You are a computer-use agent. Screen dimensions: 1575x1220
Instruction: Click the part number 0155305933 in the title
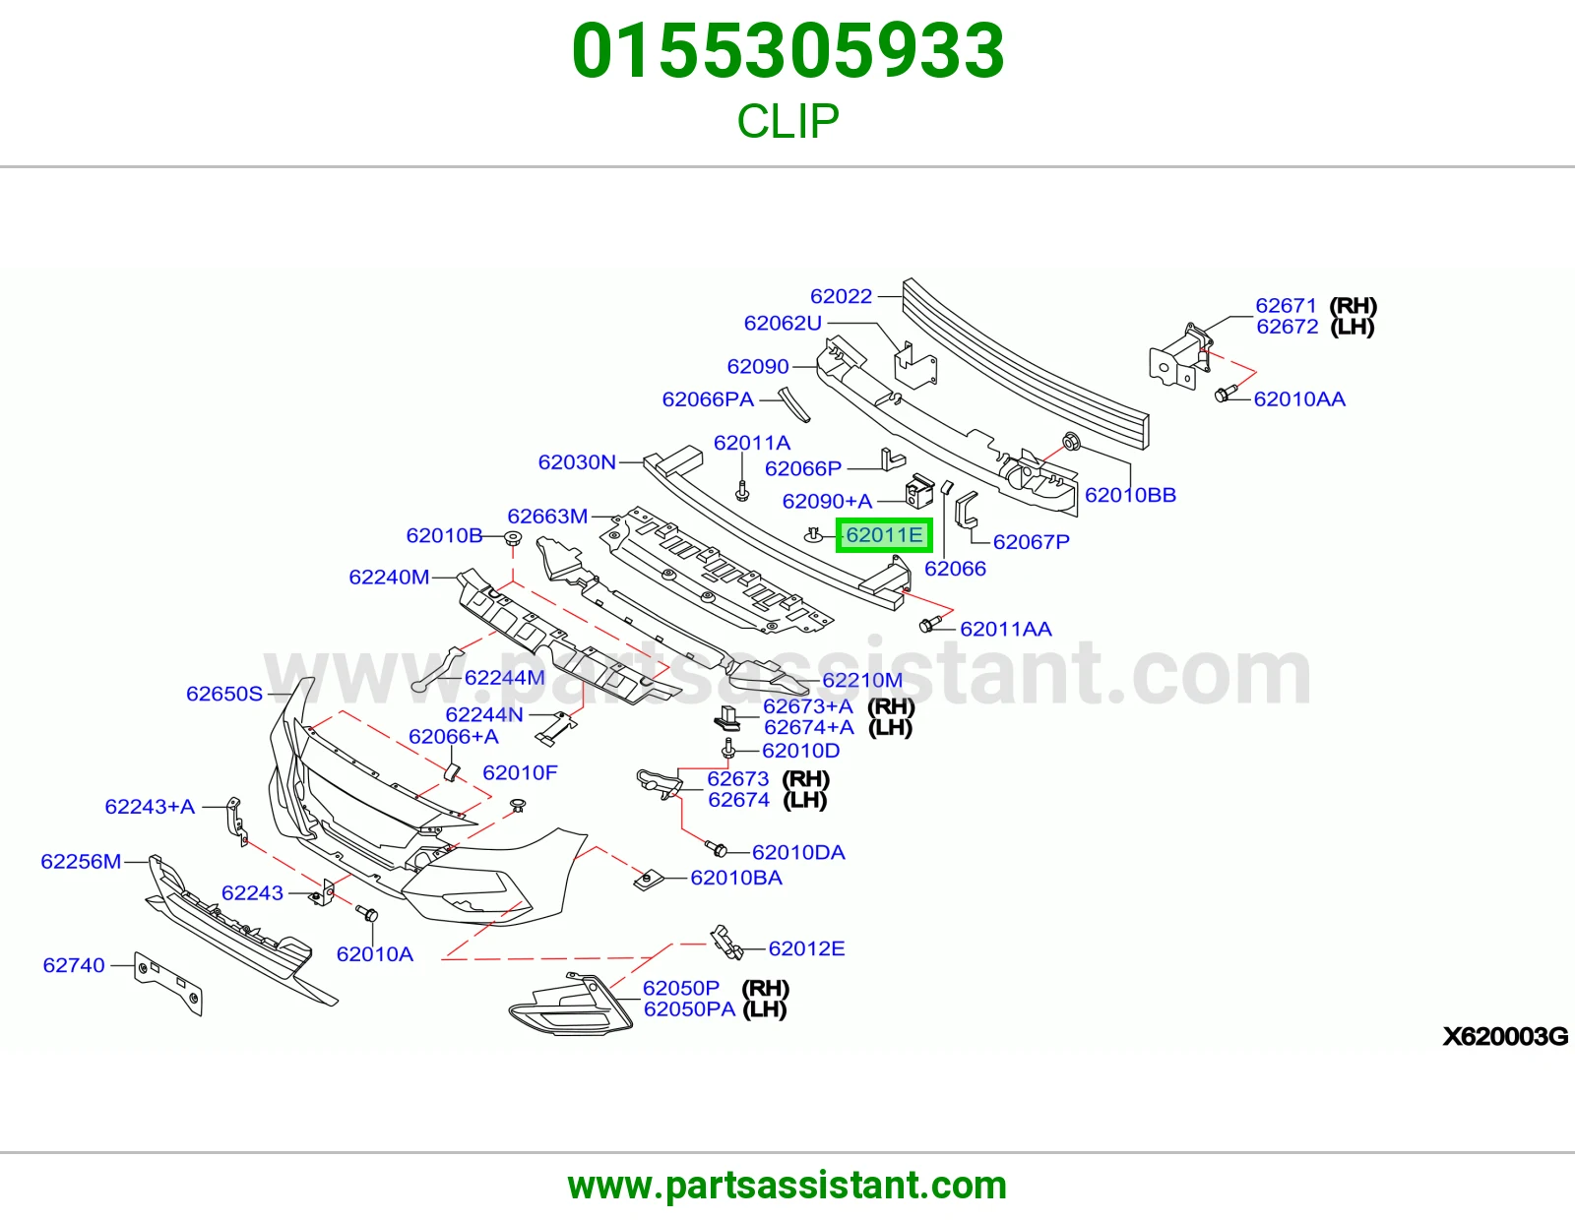[787, 51]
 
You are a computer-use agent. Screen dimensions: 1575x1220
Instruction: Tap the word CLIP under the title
[787, 120]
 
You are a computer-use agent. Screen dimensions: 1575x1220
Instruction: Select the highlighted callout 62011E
[884, 535]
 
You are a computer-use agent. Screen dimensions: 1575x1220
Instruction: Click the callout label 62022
[841, 296]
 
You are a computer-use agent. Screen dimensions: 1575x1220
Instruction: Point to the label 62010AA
[1298, 399]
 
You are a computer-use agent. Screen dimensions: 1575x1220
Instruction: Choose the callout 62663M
[547, 517]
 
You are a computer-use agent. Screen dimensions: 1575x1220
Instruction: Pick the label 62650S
[224, 694]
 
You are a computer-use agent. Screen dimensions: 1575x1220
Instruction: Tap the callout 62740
[74, 966]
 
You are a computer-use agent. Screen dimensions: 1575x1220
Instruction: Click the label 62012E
[807, 949]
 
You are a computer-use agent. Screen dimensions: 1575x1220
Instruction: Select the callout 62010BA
[735, 878]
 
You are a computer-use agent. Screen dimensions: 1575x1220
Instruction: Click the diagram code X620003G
[1505, 1037]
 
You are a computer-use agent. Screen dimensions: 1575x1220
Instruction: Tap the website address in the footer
[787, 1186]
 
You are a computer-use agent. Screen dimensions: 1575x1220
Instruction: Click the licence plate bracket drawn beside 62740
[168, 984]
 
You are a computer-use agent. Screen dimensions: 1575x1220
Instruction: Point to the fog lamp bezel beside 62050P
[571, 1005]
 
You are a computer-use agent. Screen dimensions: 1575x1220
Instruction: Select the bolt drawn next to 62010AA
[1225, 394]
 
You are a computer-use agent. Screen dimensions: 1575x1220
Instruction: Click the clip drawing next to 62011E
[813, 534]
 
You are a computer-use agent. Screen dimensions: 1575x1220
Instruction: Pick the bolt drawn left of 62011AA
[929, 623]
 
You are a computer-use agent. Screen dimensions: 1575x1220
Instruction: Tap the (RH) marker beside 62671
[1354, 306]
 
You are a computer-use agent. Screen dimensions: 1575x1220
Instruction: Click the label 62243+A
[150, 807]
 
